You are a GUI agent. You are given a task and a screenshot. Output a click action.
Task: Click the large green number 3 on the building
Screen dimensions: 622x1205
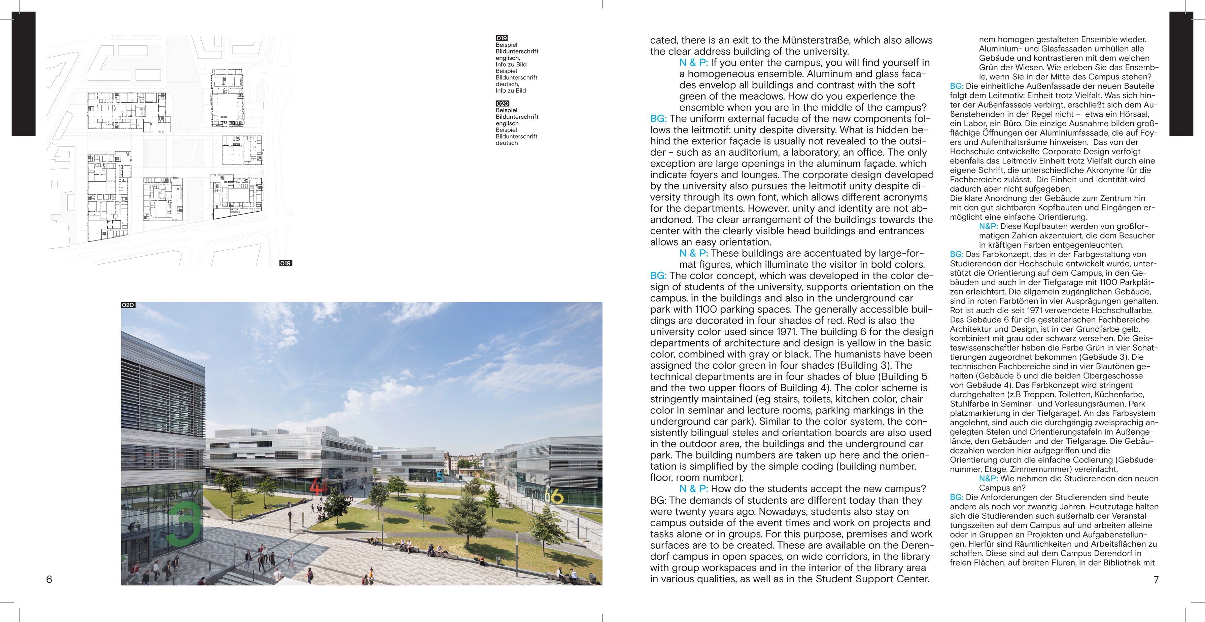tap(185, 523)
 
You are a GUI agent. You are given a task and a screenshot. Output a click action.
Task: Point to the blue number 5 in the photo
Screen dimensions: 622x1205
tap(439, 477)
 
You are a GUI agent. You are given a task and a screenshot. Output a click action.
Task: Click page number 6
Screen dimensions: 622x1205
tap(49, 579)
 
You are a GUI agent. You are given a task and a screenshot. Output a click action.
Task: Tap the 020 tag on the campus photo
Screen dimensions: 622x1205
tap(128, 305)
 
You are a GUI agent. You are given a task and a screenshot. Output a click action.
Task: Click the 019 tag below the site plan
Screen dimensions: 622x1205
tap(285, 263)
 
